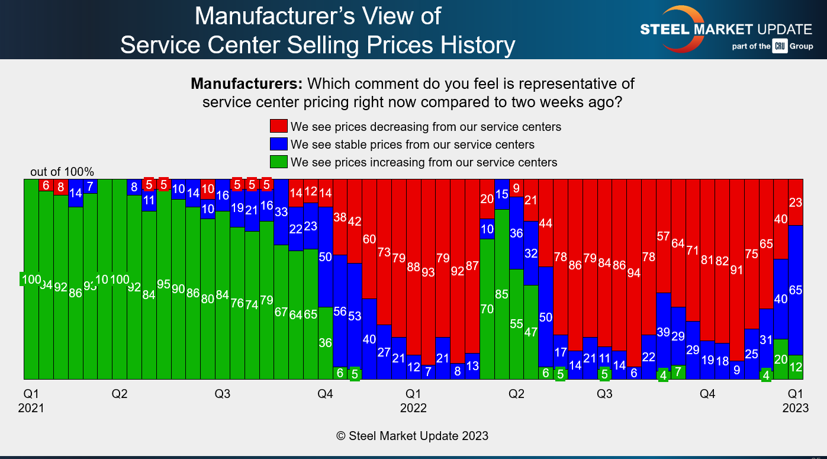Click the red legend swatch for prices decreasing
click(x=279, y=126)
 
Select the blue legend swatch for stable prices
click(x=279, y=144)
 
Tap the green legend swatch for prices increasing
click(x=279, y=162)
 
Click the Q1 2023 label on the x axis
click(x=795, y=401)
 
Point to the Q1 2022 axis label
click(x=413, y=401)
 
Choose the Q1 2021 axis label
click(x=31, y=401)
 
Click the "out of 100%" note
click(x=62, y=172)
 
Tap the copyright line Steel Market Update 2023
click(x=413, y=436)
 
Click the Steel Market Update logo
click(x=726, y=29)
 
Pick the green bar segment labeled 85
click(x=501, y=294)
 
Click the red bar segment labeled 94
click(x=634, y=273)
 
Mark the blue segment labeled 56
click(x=340, y=312)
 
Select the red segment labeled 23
click(x=796, y=203)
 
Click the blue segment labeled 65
click(x=796, y=290)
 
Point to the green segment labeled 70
click(x=487, y=309)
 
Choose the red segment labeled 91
click(x=737, y=270)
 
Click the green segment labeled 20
click(x=781, y=359)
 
